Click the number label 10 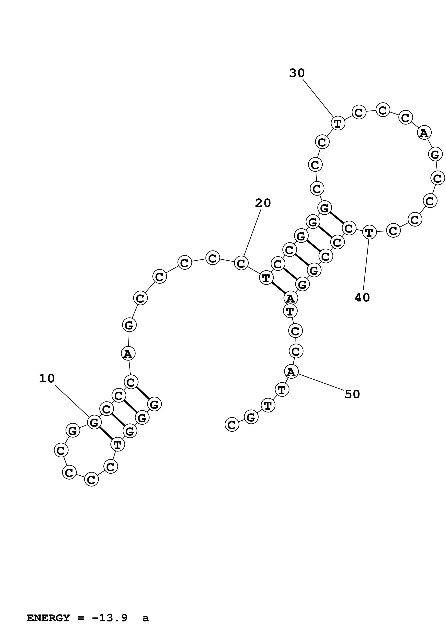point(47,379)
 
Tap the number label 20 point(263,203)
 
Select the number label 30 point(297,73)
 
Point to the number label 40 point(362,297)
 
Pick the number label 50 point(352,394)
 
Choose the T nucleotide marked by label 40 point(369,233)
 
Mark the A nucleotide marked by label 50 point(291,372)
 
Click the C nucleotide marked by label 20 point(241,263)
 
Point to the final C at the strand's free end point(232,425)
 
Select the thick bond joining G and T point(106,433)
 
